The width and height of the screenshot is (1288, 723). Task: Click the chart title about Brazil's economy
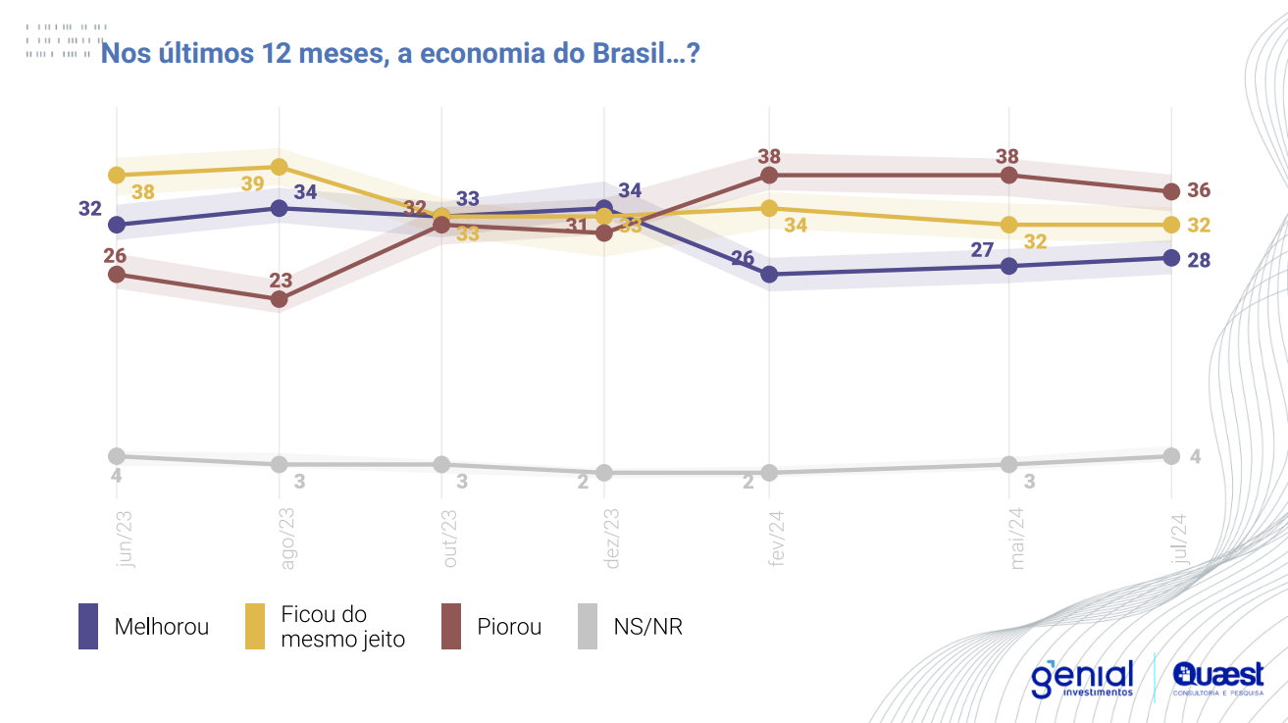[400, 53]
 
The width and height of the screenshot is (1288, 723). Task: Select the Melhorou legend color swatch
[88, 626]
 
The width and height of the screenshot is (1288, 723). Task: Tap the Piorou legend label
[509, 627]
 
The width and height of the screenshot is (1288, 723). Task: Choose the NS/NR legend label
[647, 627]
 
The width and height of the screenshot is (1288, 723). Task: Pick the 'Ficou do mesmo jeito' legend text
[342, 627]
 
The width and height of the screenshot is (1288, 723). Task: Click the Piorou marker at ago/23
[279, 299]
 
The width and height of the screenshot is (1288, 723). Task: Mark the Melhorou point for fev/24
[769, 275]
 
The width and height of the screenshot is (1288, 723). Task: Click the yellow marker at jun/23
[117, 175]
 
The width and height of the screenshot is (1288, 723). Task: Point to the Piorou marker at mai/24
[1008, 175]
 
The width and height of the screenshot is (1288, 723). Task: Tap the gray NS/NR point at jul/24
[1170, 455]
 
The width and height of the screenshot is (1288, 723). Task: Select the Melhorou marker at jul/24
[1170, 258]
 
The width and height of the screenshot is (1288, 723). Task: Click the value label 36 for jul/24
[1199, 190]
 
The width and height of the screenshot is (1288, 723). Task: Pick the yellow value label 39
[252, 183]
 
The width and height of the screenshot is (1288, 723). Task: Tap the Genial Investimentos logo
[1082, 679]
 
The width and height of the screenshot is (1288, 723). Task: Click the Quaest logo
[1217, 679]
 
